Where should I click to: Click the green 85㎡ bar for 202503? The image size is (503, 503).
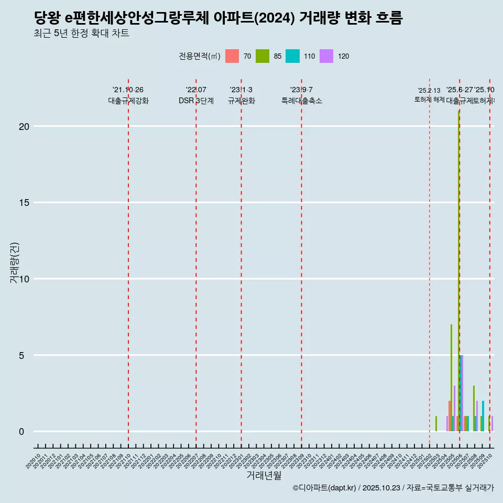coord(436,424)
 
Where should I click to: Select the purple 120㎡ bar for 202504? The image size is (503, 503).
coord(447,424)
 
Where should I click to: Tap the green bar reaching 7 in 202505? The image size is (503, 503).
coord(451,377)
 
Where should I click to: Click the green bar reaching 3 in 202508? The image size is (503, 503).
coord(474,409)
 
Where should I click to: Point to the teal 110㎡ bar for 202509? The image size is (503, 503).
coord(483,416)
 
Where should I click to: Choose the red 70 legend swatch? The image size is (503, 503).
coord(232,56)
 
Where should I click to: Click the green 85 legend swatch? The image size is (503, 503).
coord(263,56)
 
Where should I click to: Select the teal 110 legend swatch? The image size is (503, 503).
coord(292,56)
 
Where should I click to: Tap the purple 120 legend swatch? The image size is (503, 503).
coord(326,56)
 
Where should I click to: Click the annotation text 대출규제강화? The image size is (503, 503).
coord(128,101)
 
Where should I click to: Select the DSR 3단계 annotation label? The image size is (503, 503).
coord(196,101)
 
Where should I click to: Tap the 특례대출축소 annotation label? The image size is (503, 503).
coord(301,101)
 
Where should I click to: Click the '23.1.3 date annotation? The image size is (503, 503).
coord(241,90)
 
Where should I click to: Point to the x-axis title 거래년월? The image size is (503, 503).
coord(264,476)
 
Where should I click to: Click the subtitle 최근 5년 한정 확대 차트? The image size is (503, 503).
coord(81,34)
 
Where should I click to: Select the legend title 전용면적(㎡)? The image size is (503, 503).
coord(199,57)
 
